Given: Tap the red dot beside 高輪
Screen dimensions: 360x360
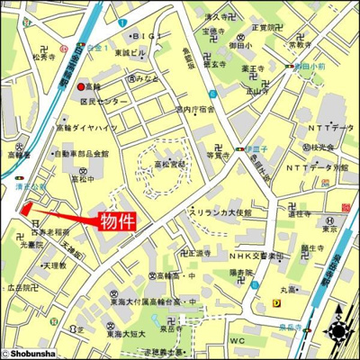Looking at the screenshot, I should pyautogui.click(x=81, y=86).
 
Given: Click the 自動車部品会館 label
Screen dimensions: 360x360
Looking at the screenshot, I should pyautogui.click(x=82, y=153).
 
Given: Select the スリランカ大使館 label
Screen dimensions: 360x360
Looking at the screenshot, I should pyautogui.click(x=220, y=212).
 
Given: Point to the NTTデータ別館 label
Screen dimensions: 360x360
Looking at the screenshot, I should pyautogui.click(x=318, y=168).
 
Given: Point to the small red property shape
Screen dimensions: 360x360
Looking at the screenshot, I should pyautogui.click(x=25, y=209).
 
